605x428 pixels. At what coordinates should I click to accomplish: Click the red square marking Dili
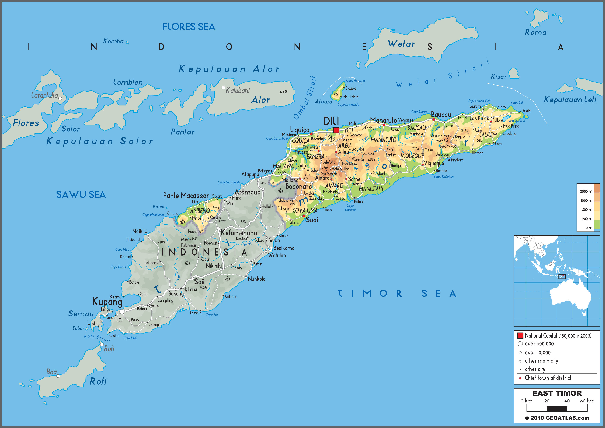336,130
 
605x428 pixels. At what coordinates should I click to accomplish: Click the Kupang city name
107,302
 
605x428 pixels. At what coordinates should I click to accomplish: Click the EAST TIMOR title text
557,393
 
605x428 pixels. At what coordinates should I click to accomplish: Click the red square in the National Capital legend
520,335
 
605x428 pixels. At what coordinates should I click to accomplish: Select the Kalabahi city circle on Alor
223,87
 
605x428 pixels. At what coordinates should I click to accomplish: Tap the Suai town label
312,220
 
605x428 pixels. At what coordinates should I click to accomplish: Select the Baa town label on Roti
51,372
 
